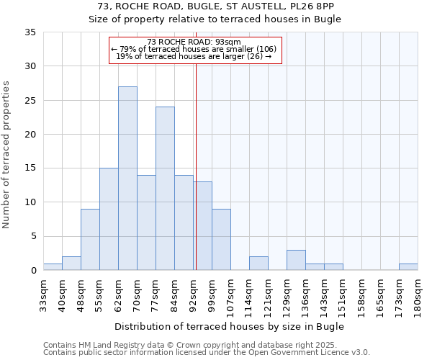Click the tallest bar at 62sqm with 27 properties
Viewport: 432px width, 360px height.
tap(127, 179)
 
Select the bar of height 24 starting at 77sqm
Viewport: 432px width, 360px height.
tap(165, 189)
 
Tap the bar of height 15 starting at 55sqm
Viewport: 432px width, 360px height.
tap(109, 219)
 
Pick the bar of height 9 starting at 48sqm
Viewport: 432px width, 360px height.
tap(90, 240)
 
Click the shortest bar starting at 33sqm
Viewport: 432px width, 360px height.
tap(53, 266)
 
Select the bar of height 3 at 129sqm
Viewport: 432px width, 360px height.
tap(296, 260)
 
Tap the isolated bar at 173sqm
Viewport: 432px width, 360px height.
tap(408, 266)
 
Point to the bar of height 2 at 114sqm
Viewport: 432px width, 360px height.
tap(258, 264)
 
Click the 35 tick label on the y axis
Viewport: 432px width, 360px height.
tap(30, 32)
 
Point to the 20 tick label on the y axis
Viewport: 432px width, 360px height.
tap(30, 135)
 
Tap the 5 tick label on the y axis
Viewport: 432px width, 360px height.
tap(33, 236)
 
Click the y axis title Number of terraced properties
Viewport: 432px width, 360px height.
tap(7, 155)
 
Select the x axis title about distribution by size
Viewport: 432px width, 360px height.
tap(229, 326)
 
